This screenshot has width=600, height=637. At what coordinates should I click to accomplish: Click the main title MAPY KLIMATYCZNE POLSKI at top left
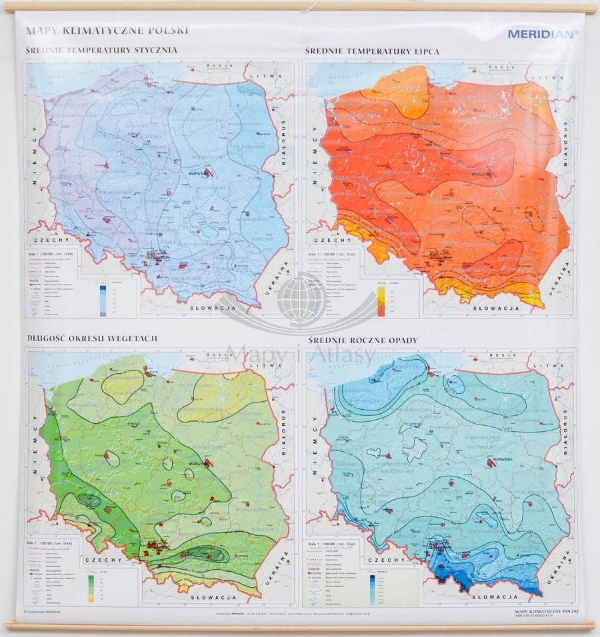pyautogui.click(x=107, y=30)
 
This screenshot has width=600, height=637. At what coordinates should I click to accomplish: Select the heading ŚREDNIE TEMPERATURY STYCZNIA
pyautogui.click(x=101, y=50)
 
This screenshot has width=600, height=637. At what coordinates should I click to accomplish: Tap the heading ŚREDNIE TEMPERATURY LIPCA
pyautogui.click(x=372, y=51)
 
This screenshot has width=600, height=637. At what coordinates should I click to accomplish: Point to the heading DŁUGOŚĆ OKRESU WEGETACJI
pyautogui.click(x=91, y=338)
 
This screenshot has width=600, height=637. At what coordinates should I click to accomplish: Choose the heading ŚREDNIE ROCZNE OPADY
pyautogui.click(x=361, y=340)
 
